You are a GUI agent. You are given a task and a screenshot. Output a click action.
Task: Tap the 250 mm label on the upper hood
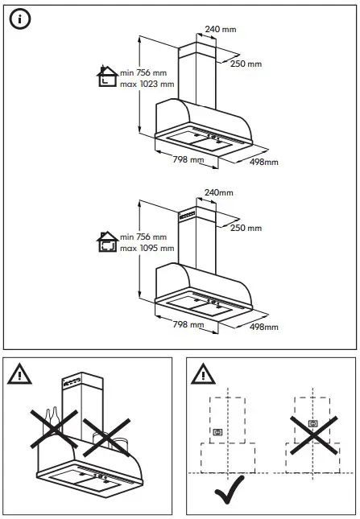[247, 64]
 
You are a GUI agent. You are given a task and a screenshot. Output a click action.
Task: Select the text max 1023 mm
[147, 84]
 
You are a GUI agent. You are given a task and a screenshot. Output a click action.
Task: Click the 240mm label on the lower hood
[218, 193]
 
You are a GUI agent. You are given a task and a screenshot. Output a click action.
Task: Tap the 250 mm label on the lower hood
[246, 229]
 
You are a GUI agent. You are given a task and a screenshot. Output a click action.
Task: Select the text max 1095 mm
[147, 248]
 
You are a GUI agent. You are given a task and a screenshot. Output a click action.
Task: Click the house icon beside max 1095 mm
[106, 241]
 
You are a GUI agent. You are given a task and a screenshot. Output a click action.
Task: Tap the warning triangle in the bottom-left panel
[18, 373]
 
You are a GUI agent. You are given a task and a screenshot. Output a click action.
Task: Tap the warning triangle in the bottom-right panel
[201, 373]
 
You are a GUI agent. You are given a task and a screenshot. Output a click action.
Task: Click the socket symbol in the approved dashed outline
[217, 432]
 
